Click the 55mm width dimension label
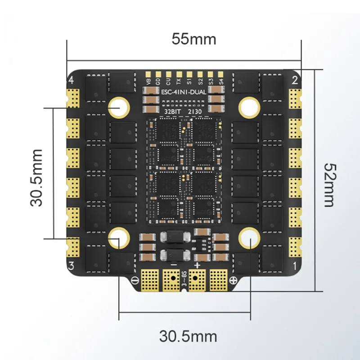click(x=193, y=39)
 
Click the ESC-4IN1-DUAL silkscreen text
click(x=184, y=92)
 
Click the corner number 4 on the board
click(x=71, y=81)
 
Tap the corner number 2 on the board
click(x=295, y=81)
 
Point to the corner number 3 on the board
click(x=71, y=265)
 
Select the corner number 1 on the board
click(x=295, y=266)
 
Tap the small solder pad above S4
click(x=220, y=74)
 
